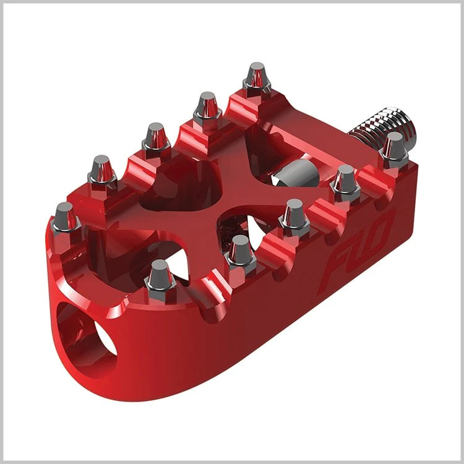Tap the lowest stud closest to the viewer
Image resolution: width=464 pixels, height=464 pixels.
tap(159, 276)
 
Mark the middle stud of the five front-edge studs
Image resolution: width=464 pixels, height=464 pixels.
tap(293, 216)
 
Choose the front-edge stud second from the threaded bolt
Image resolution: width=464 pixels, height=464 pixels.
tap(345, 182)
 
